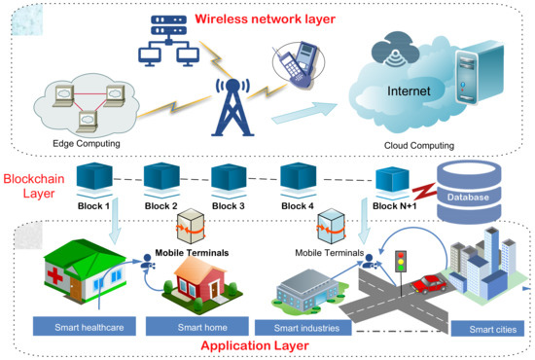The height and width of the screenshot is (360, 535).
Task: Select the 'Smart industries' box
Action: (306, 327)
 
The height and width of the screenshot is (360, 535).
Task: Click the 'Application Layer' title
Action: (267, 345)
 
